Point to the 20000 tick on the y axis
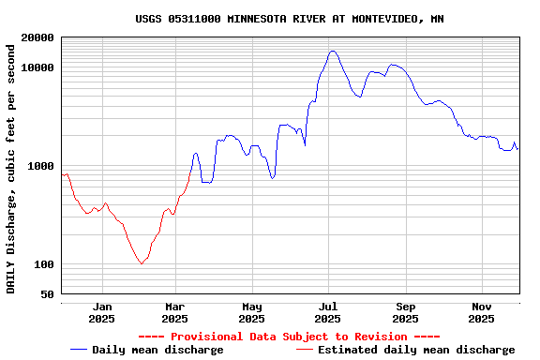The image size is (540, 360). [37, 37]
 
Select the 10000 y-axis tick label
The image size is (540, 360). [37, 67]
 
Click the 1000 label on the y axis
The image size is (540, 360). [41, 166]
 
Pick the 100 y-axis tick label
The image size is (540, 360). [44, 264]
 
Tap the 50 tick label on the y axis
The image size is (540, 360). [47, 294]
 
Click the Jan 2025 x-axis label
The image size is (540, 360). [102, 312]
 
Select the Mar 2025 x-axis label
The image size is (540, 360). [175, 312]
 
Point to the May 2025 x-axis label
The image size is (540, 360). [252, 312]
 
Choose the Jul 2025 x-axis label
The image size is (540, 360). [328, 312]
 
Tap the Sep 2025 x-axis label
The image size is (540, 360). [405, 312]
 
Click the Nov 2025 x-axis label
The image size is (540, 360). [481, 312]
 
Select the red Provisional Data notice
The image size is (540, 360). [289, 337]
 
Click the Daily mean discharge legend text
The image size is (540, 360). [157, 350]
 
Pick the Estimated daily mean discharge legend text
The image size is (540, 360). [416, 350]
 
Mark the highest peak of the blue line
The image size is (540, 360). [333, 51]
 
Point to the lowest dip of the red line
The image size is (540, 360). [142, 264]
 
